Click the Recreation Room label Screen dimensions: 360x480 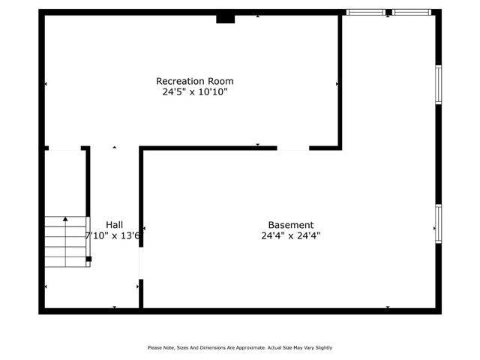click(194, 81)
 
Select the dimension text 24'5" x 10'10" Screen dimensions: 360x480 click(194, 92)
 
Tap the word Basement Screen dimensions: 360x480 click(291, 225)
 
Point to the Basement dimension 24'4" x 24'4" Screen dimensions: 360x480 click(291, 235)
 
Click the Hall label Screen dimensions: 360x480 click(115, 225)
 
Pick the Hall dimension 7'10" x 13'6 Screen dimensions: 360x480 click(113, 235)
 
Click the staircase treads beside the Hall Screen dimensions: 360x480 click(66, 242)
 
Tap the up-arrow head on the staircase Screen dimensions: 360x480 click(65, 219)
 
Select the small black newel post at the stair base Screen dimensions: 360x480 click(88, 259)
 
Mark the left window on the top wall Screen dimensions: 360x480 click(365, 12)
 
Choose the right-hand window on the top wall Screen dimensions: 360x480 click(412, 12)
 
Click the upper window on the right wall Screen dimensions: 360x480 click(438, 84)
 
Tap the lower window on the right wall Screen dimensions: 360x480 click(438, 223)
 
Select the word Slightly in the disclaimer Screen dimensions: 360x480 click(322, 347)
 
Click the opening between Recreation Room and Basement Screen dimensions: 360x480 click(293, 148)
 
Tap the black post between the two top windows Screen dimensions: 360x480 click(388, 12)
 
